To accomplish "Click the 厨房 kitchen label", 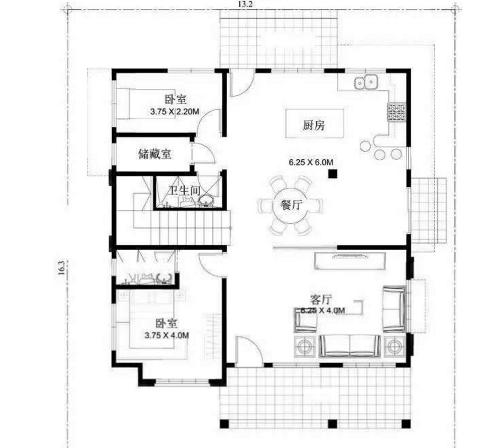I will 314,125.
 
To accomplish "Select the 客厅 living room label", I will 320,299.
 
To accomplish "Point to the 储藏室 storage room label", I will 154,154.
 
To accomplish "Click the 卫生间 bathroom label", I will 185,191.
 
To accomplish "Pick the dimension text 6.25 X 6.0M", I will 311,162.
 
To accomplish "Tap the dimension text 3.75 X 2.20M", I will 175,111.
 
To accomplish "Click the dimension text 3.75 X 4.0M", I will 167,334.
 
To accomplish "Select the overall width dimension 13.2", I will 246,5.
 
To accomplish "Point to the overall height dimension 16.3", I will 61,268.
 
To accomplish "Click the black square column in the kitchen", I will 333,174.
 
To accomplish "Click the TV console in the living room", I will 351,260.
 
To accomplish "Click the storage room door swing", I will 200,154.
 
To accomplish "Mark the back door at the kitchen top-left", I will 240,83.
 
